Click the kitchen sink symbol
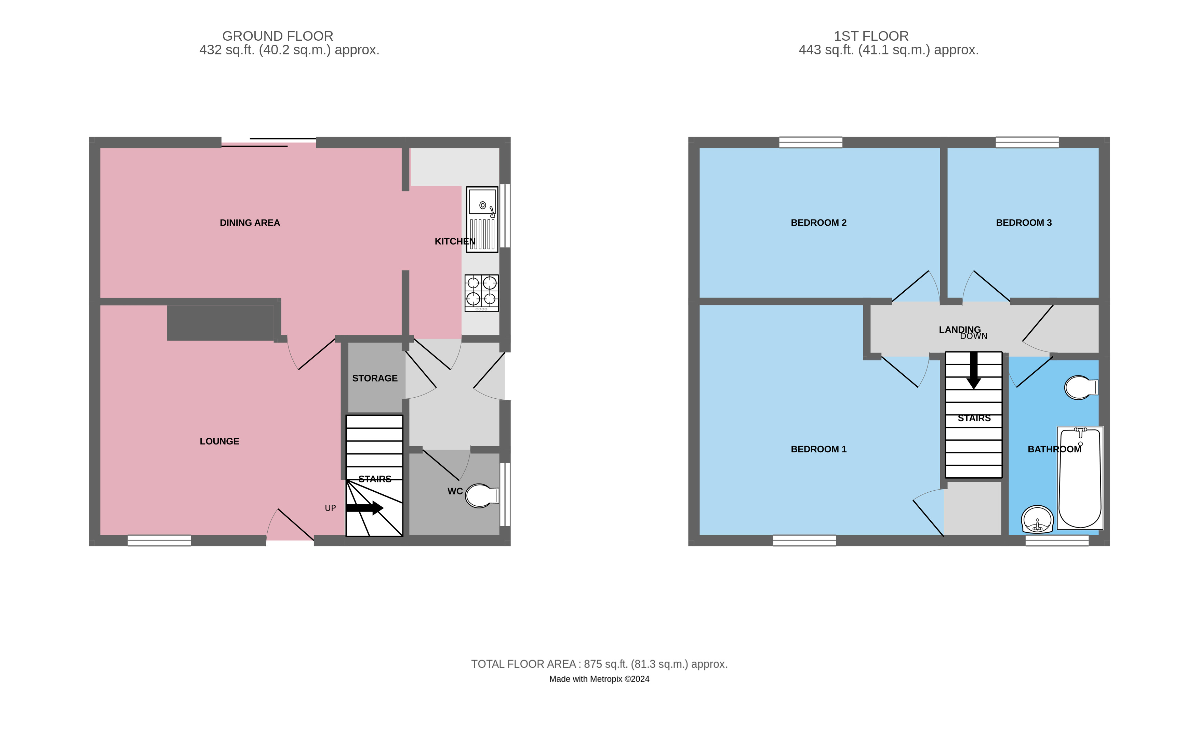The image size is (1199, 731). coord(482,219)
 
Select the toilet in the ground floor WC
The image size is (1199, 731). coord(481,495)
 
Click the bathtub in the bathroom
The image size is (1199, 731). coord(1080,478)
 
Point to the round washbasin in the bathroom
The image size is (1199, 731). coord(1037,519)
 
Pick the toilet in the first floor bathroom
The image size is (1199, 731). coord(1081,387)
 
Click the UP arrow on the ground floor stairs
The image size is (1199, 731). coord(364,508)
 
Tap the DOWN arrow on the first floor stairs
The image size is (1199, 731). coord(973,370)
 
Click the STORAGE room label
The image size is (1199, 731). coord(375,378)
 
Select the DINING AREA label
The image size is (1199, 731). coord(250,223)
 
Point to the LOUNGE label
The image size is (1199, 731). coord(219,441)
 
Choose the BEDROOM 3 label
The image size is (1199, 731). coord(1024,223)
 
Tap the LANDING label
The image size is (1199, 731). coord(960,330)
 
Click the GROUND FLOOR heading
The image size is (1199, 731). coord(277,36)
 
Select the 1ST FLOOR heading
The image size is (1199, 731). coord(871,36)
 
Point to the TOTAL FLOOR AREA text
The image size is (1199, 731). coord(599,664)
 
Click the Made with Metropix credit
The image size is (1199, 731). coord(599,679)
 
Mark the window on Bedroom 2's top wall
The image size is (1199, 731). coord(811,142)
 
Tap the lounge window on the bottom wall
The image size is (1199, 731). coord(159,540)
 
